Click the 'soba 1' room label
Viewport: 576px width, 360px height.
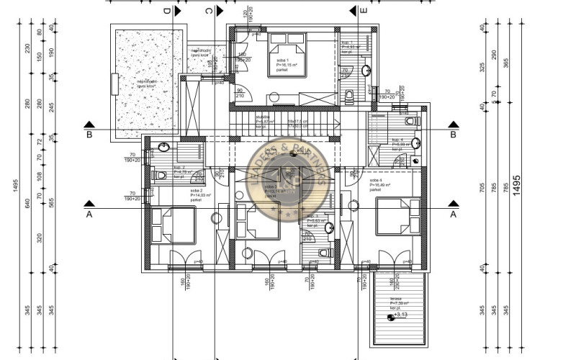pyautogui.click(x=278, y=60)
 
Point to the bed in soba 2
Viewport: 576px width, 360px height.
pyautogui.click(x=173, y=223)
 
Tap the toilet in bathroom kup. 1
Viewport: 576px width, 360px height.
pyautogui.click(x=349, y=95)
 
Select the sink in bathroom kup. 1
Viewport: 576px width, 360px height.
pyautogui.click(x=366, y=71)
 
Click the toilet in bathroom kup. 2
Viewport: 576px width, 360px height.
pyautogui.click(x=160, y=174)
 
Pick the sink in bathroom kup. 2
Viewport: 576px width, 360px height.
pyautogui.click(x=164, y=148)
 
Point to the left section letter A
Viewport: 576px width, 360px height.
pyautogui.click(x=89, y=214)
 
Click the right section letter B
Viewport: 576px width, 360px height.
pyautogui.click(x=454, y=134)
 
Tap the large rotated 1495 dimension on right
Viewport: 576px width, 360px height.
pyautogui.click(x=516, y=189)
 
